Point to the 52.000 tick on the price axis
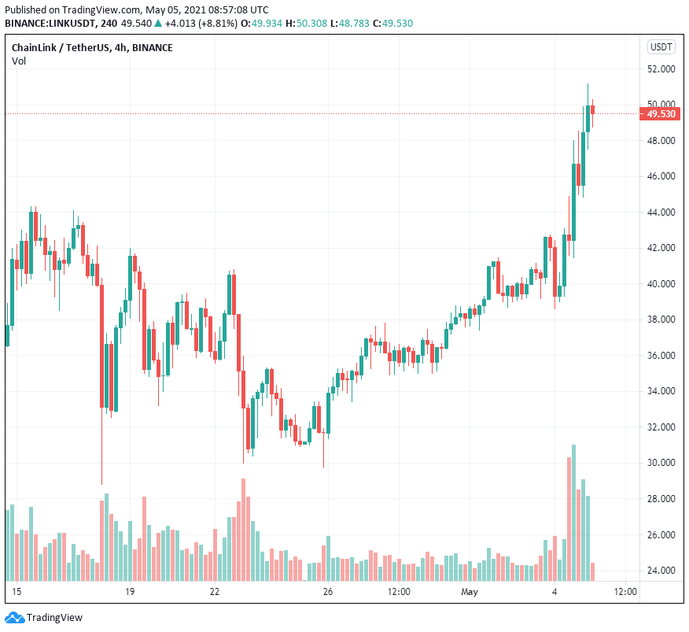click(x=661, y=68)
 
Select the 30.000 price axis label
click(x=661, y=463)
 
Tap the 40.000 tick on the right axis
click(x=661, y=283)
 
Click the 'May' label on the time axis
click(x=470, y=591)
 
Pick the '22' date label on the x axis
click(x=214, y=591)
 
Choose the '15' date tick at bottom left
click(x=17, y=591)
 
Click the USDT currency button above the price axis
click(x=661, y=47)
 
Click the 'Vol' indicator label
click(x=18, y=61)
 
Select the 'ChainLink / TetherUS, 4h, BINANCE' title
click(x=92, y=48)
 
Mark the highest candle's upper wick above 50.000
click(x=588, y=93)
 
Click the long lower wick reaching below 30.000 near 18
click(x=101, y=456)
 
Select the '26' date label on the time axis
click(x=328, y=591)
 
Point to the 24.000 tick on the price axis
click(x=661, y=570)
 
